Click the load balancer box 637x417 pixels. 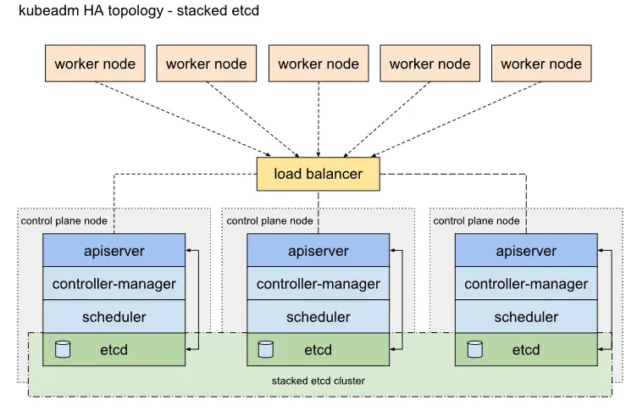click(318, 174)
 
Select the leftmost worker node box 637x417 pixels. click(95, 64)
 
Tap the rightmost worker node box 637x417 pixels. click(541, 64)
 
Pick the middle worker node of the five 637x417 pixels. click(318, 64)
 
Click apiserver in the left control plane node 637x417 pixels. click(114, 251)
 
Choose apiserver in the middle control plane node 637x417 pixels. click(318, 251)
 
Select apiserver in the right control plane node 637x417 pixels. click(526, 251)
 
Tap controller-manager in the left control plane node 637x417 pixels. click(114, 284)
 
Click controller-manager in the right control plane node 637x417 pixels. click(526, 284)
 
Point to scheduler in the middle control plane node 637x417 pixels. click(318, 317)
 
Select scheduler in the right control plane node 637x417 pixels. click(526, 317)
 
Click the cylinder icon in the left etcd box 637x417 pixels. click(62, 349)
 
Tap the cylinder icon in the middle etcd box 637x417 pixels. click(266, 349)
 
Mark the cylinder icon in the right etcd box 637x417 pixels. click(474, 349)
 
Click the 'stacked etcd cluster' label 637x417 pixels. click(318, 381)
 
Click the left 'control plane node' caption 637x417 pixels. click(64, 220)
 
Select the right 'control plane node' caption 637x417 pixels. click(476, 220)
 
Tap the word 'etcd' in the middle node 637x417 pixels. click(318, 349)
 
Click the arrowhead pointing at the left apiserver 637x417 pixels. click(190, 251)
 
